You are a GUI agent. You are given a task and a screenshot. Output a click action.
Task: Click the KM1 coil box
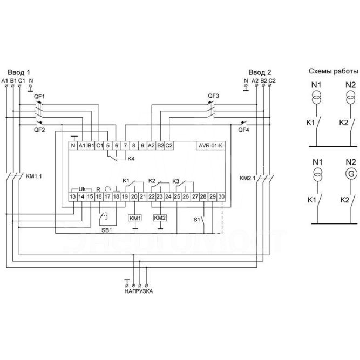134,218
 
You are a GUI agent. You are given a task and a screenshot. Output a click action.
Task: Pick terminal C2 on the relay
168,145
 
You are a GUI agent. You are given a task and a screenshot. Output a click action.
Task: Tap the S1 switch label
197,219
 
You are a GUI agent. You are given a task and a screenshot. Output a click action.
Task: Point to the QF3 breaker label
214,96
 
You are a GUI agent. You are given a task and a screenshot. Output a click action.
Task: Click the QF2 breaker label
39,130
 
